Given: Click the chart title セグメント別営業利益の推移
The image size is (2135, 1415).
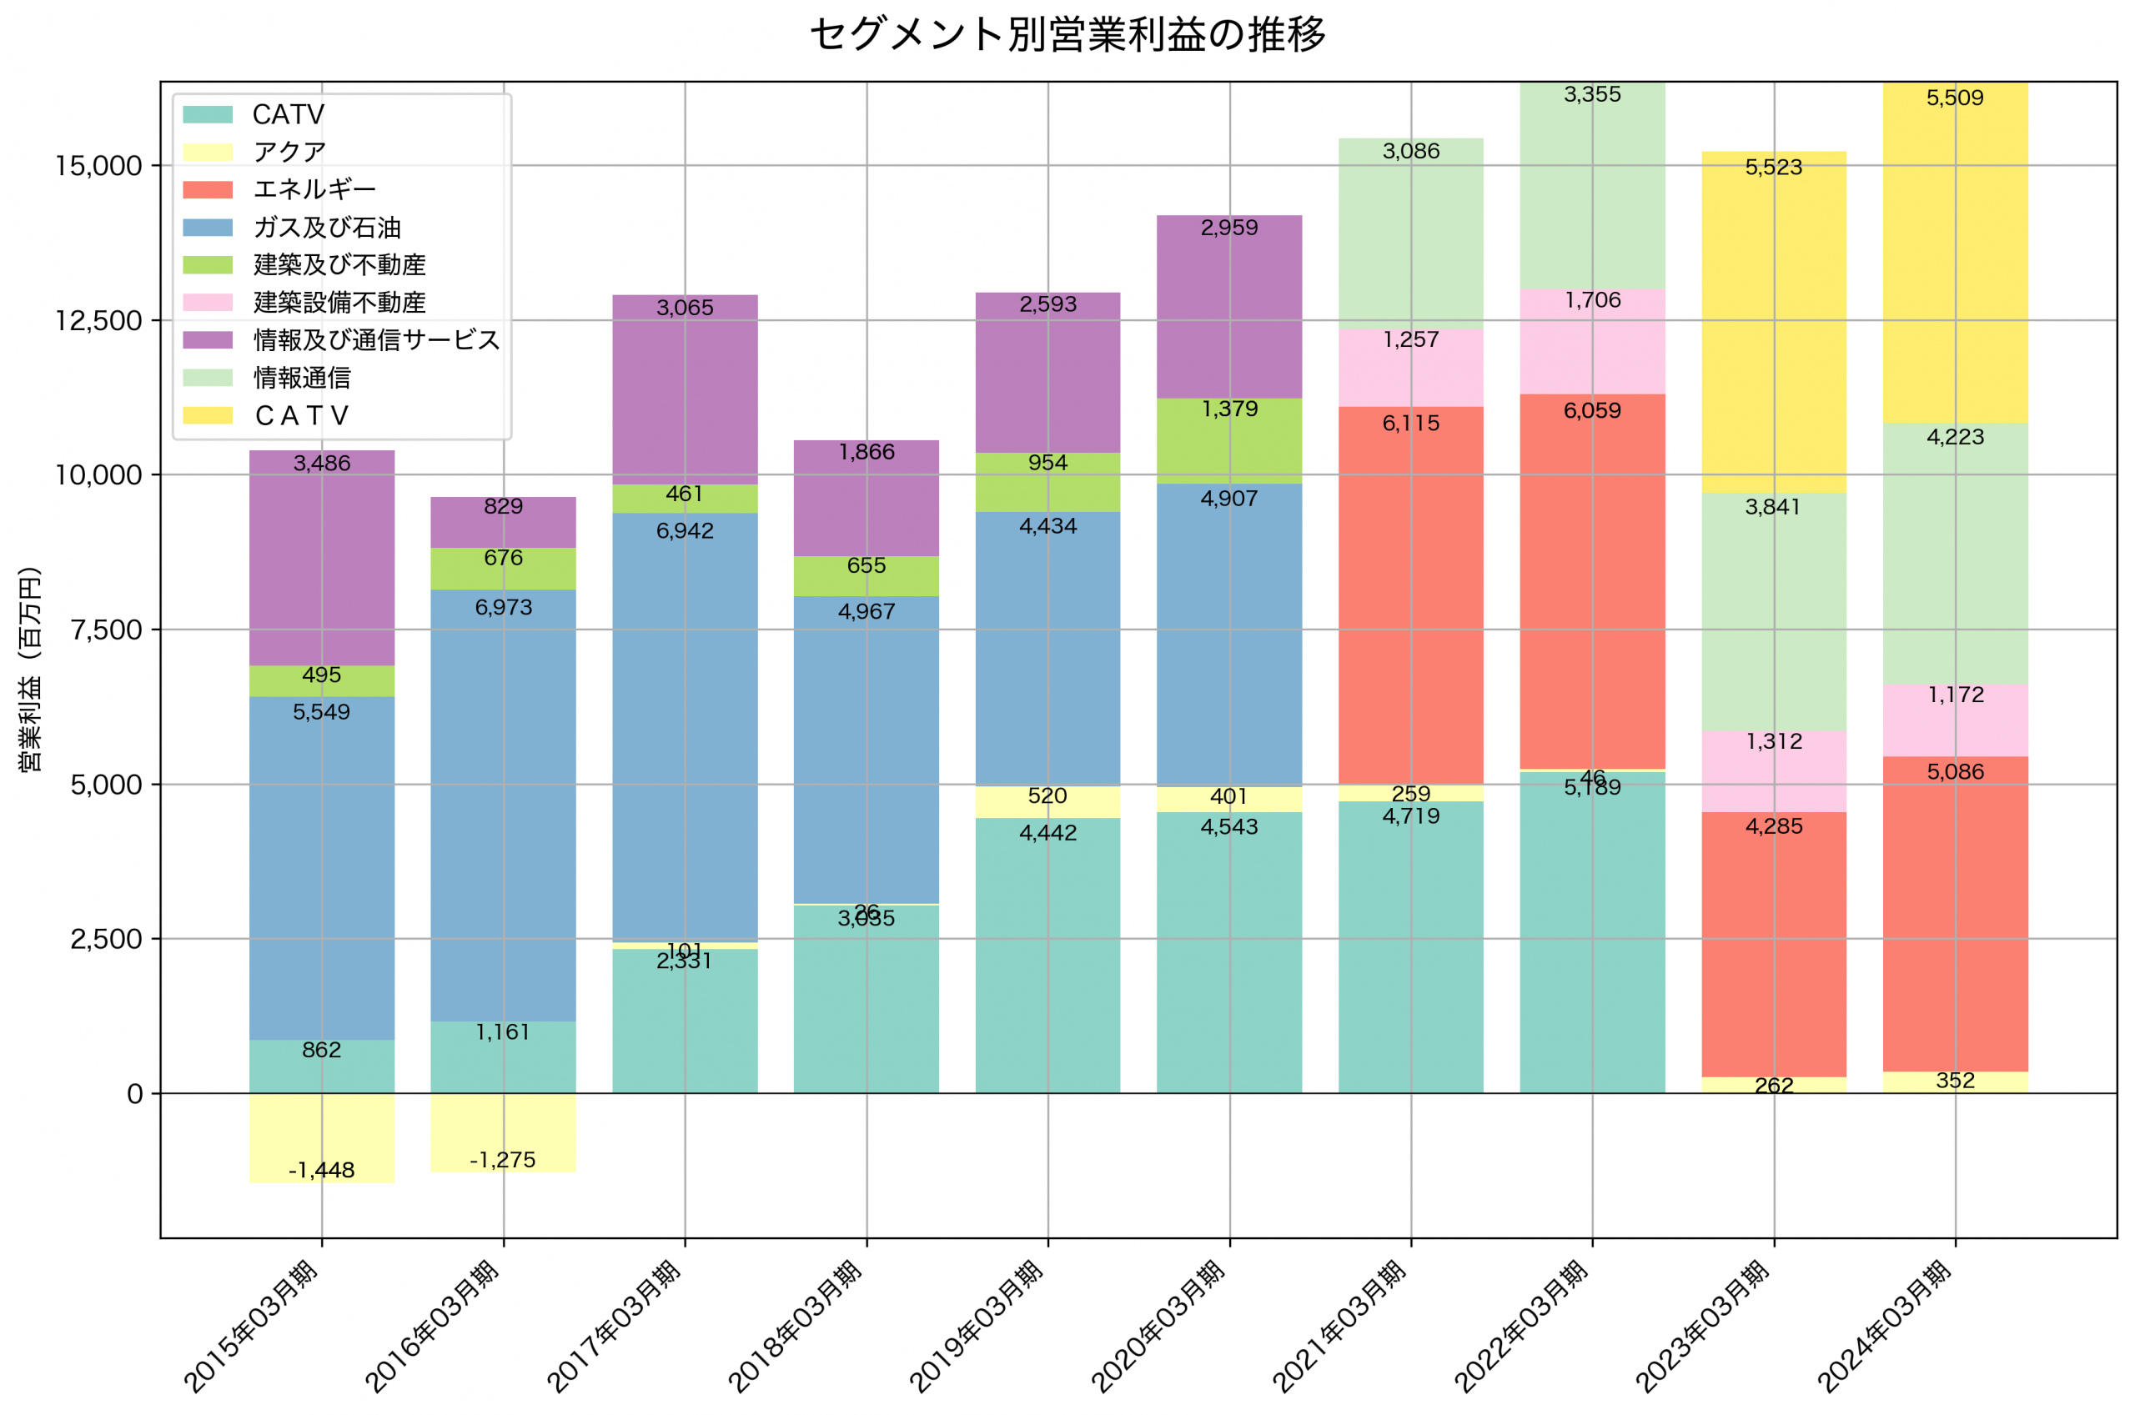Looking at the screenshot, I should (1067, 34).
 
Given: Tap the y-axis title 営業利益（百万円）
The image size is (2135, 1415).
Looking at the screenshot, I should (30, 669).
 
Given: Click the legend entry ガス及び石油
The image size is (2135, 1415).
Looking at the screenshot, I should (327, 228).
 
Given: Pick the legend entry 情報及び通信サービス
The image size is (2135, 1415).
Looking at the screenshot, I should (376, 340).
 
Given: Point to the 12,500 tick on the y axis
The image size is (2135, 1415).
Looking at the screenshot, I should (98, 320).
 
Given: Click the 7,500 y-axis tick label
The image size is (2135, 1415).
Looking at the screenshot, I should (107, 630).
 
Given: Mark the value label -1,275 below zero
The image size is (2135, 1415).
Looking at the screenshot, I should (503, 1160).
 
